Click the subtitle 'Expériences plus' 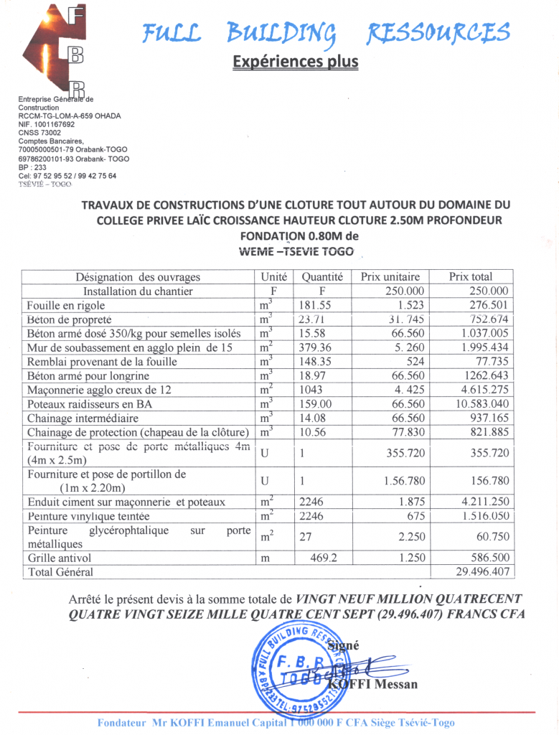coord(295,62)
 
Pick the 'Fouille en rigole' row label coord(67,306)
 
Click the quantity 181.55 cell coord(315,306)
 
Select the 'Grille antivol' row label coord(60,558)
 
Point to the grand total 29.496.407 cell coord(482,572)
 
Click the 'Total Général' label coord(60,572)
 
